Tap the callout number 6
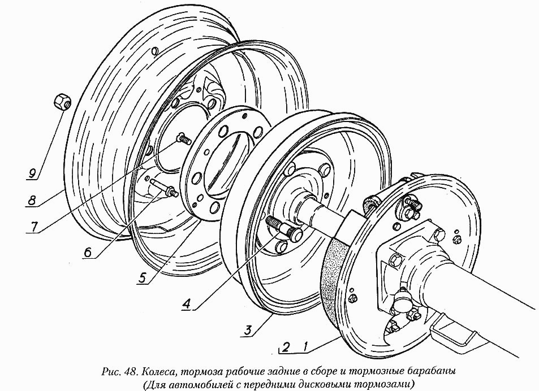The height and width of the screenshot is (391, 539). coord(88,253)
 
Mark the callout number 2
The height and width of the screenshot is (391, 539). coord(286,347)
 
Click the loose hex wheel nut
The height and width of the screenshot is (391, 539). coord(61,102)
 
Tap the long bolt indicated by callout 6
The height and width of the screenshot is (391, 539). coord(163,189)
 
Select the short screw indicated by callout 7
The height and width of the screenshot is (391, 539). coord(183,137)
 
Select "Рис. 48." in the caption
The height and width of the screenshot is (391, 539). coord(119,371)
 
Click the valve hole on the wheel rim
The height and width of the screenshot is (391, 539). coord(154,51)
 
